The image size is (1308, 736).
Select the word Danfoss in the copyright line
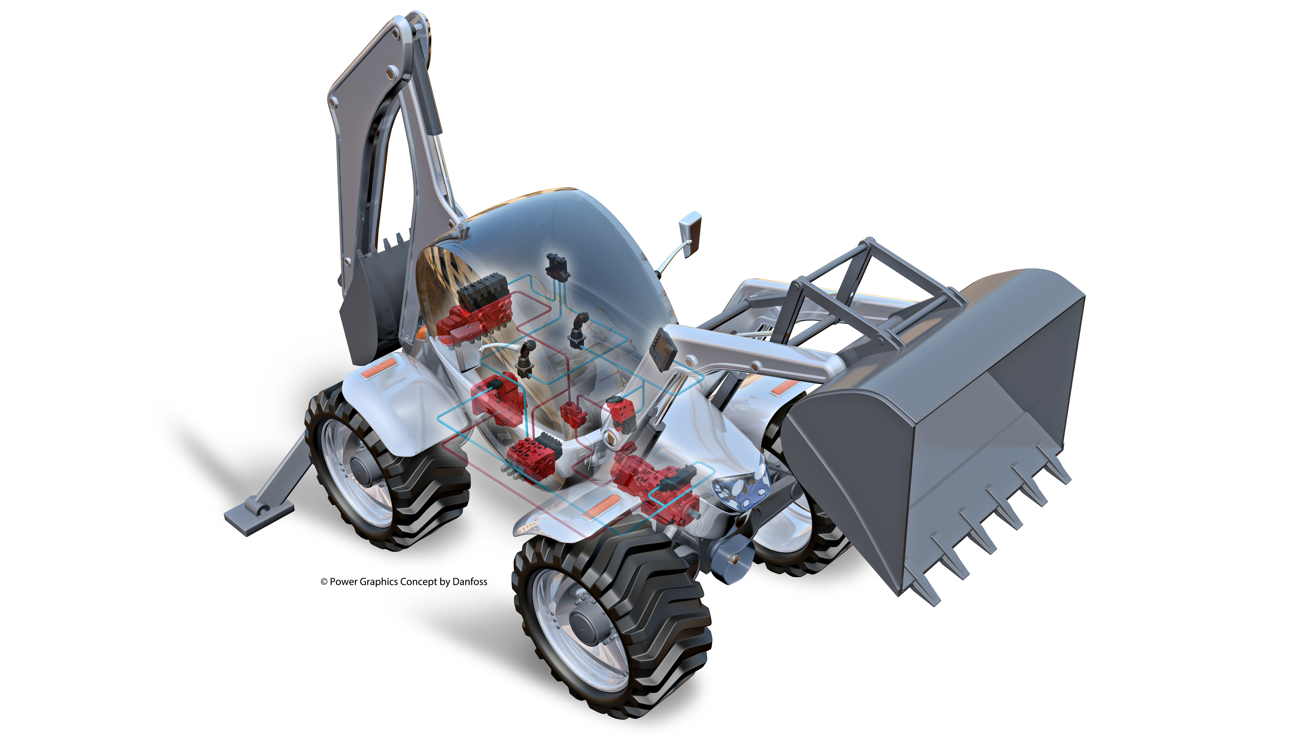470,582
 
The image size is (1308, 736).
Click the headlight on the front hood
740,487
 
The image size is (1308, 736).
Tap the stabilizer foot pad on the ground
259,517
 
